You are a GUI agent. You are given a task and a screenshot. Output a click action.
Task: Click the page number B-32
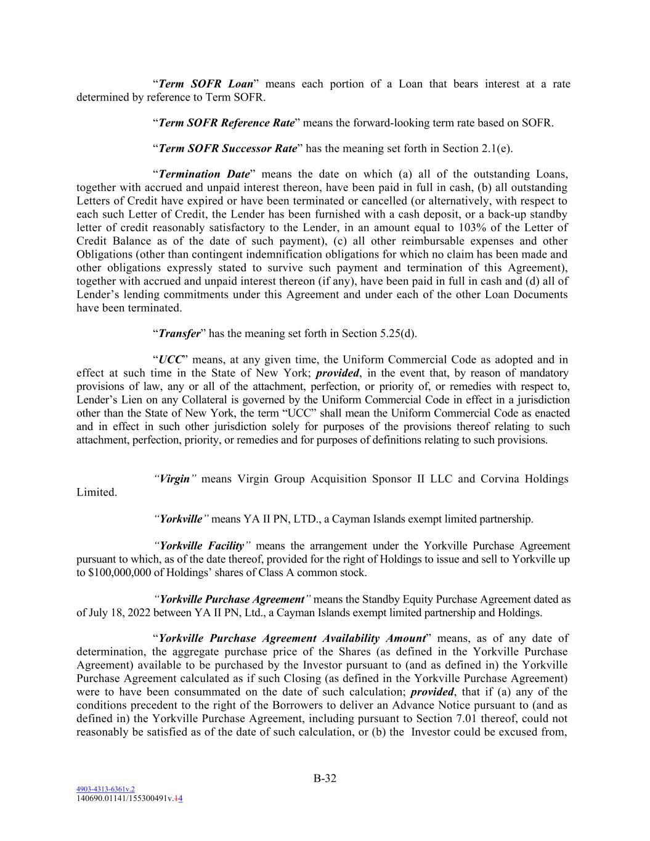(x=325, y=778)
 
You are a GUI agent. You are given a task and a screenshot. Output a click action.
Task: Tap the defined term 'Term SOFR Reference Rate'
(x=226, y=123)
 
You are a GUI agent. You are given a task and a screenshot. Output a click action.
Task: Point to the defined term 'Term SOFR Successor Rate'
(x=227, y=148)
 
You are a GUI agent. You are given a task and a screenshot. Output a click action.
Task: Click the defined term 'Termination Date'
(x=204, y=174)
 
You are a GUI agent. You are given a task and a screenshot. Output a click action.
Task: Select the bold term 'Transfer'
(x=179, y=333)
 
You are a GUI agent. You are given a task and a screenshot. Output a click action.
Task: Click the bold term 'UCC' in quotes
(x=170, y=360)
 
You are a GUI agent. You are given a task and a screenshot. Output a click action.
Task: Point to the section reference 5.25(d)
(x=399, y=333)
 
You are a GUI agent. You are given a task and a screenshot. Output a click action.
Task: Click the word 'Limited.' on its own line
(x=96, y=492)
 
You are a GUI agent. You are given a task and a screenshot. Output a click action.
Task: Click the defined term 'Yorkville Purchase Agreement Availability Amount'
(x=292, y=638)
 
